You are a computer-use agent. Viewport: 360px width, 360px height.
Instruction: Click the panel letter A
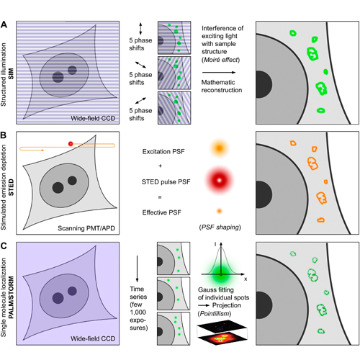point(4,24)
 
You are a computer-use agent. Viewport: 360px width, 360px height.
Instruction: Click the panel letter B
point(4,135)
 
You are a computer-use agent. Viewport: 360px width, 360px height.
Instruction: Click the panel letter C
point(4,246)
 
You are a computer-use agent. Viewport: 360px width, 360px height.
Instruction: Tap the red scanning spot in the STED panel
point(71,144)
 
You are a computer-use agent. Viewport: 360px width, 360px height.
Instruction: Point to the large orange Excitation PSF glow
point(219,148)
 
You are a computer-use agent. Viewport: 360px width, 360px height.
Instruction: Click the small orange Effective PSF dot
point(219,211)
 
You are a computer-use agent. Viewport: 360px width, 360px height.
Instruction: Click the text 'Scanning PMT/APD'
point(86,228)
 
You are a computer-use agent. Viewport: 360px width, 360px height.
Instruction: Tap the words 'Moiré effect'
point(221,60)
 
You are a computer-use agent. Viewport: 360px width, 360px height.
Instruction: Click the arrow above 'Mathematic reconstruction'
point(219,73)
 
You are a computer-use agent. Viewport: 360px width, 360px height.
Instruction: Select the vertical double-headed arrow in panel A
point(140,29)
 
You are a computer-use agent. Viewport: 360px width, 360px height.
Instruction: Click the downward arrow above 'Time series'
point(137,269)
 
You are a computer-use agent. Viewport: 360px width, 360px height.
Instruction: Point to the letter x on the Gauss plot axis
point(246,279)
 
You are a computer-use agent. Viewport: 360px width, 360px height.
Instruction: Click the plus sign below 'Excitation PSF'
point(160,166)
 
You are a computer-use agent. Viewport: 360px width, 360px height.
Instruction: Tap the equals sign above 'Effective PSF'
point(160,197)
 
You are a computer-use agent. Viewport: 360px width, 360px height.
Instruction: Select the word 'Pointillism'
point(215,313)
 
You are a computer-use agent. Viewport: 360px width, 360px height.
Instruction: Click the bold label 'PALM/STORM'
point(11,297)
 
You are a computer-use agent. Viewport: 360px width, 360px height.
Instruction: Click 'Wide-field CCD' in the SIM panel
point(93,118)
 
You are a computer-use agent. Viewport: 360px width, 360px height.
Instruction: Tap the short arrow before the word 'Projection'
point(204,305)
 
